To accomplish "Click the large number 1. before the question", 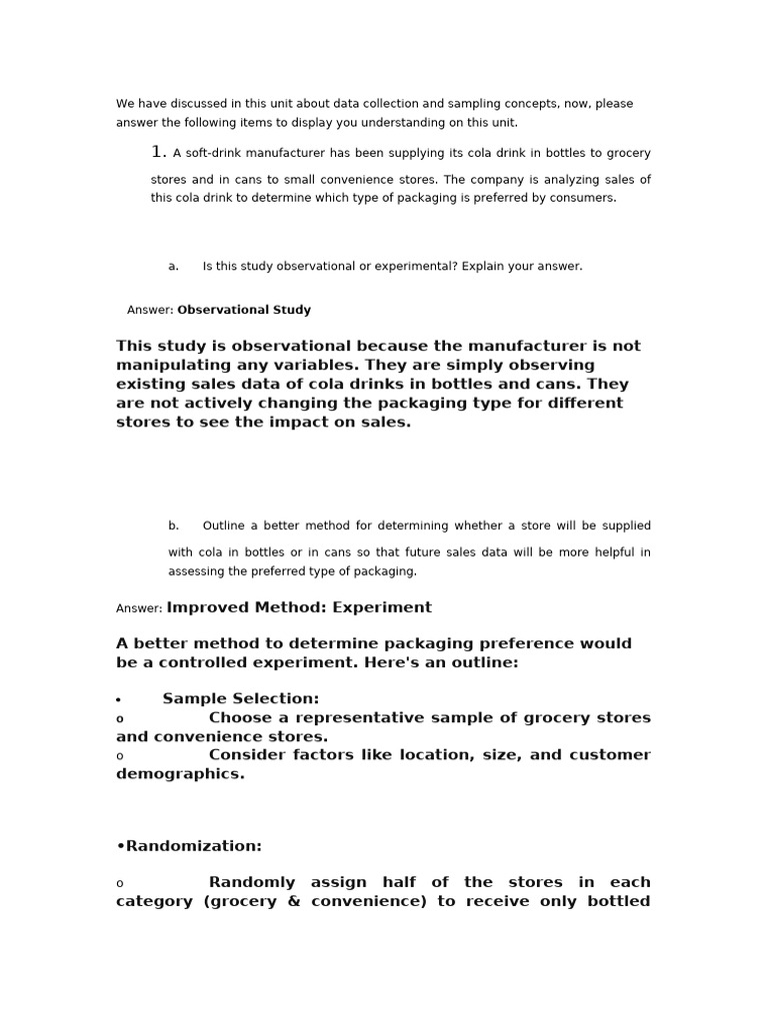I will click(x=158, y=152).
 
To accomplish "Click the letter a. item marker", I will click(x=174, y=267).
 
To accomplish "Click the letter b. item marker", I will click(x=174, y=525).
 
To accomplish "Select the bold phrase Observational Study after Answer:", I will click(x=244, y=310).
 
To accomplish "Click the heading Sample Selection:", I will click(x=241, y=698).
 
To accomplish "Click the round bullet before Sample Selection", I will click(x=119, y=700).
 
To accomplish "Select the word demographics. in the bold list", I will click(x=180, y=773).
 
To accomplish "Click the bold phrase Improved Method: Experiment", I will click(x=299, y=607).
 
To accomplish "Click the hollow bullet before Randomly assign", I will click(x=120, y=884).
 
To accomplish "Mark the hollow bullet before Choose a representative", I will click(x=120, y=719).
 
